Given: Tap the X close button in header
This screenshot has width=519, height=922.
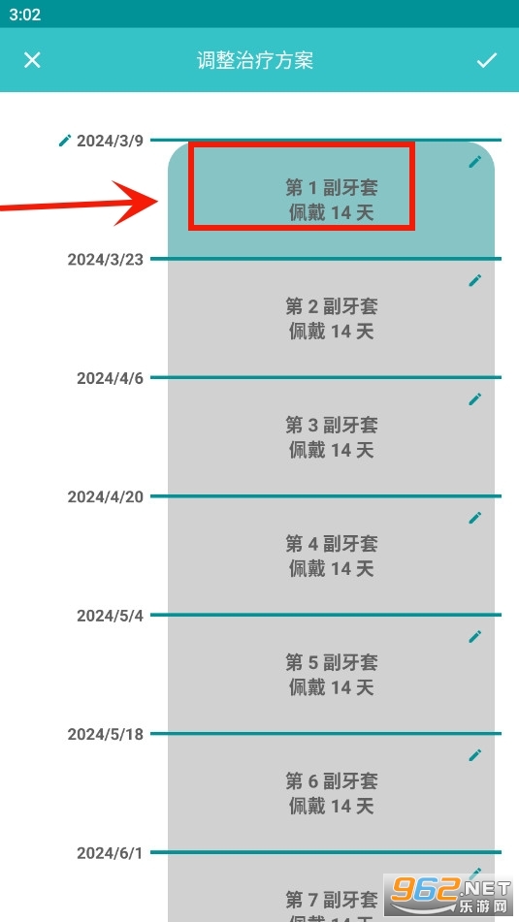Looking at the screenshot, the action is click(32, 60).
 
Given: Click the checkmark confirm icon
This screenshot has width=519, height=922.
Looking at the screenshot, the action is click(487, 60).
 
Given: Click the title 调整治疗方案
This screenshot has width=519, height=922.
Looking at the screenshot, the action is click(255, 60).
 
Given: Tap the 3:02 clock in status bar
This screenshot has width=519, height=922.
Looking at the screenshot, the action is click(24, 15).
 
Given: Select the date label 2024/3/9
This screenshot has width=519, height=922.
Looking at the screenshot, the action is click(110, 142).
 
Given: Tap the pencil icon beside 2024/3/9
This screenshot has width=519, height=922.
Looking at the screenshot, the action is click(65, 141).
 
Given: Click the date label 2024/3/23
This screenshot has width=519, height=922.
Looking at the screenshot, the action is click(106, 259).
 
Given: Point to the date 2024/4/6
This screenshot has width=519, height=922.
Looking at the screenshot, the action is click(110, 378).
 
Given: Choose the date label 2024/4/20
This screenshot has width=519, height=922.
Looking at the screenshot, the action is click(106, 496).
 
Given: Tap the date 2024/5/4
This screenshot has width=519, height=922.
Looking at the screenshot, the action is click(110, 616).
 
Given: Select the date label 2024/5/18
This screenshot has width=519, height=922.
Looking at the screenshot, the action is click(106, 735).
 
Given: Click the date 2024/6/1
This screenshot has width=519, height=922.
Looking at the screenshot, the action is click(110, 853).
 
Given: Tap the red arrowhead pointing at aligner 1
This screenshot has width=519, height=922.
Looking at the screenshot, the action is click(138, 203).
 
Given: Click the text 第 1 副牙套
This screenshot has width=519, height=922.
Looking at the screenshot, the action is click(332, 187).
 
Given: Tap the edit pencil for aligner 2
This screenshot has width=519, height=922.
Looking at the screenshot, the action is click(475, 280).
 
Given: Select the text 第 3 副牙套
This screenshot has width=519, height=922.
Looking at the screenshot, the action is click(332, 425).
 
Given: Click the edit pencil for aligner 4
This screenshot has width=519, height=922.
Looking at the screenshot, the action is click(475, 518).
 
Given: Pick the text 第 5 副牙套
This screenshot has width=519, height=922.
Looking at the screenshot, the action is click(332, 662).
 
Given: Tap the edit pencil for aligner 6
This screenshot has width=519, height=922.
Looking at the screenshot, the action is click(475, 755).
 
